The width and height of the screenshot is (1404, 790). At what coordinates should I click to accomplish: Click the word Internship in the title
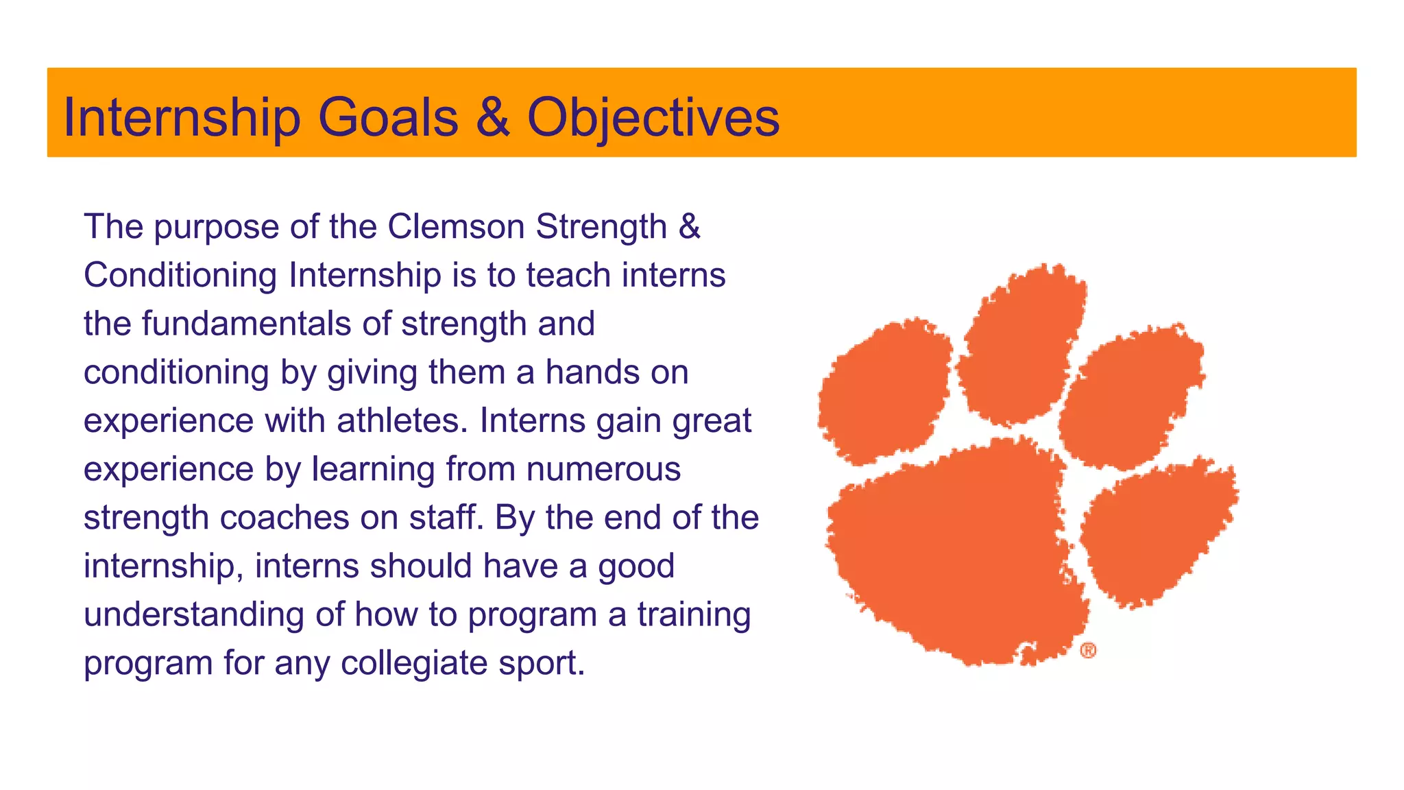coord(182,118)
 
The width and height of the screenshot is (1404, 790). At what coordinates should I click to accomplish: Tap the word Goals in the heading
coord(388,118)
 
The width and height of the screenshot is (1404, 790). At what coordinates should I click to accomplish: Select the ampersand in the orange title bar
coord(492,117)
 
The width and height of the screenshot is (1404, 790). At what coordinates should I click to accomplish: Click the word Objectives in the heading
coord(653,118)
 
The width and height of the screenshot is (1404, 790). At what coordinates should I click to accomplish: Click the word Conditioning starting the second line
coord(180,276)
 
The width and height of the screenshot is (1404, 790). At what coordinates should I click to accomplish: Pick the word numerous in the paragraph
coord(603,470)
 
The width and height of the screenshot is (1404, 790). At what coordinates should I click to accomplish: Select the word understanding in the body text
coord(194,615)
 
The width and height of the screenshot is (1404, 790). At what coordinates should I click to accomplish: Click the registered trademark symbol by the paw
coord(1088,650)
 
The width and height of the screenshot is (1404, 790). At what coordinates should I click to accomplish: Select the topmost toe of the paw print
coord(1021,343)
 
